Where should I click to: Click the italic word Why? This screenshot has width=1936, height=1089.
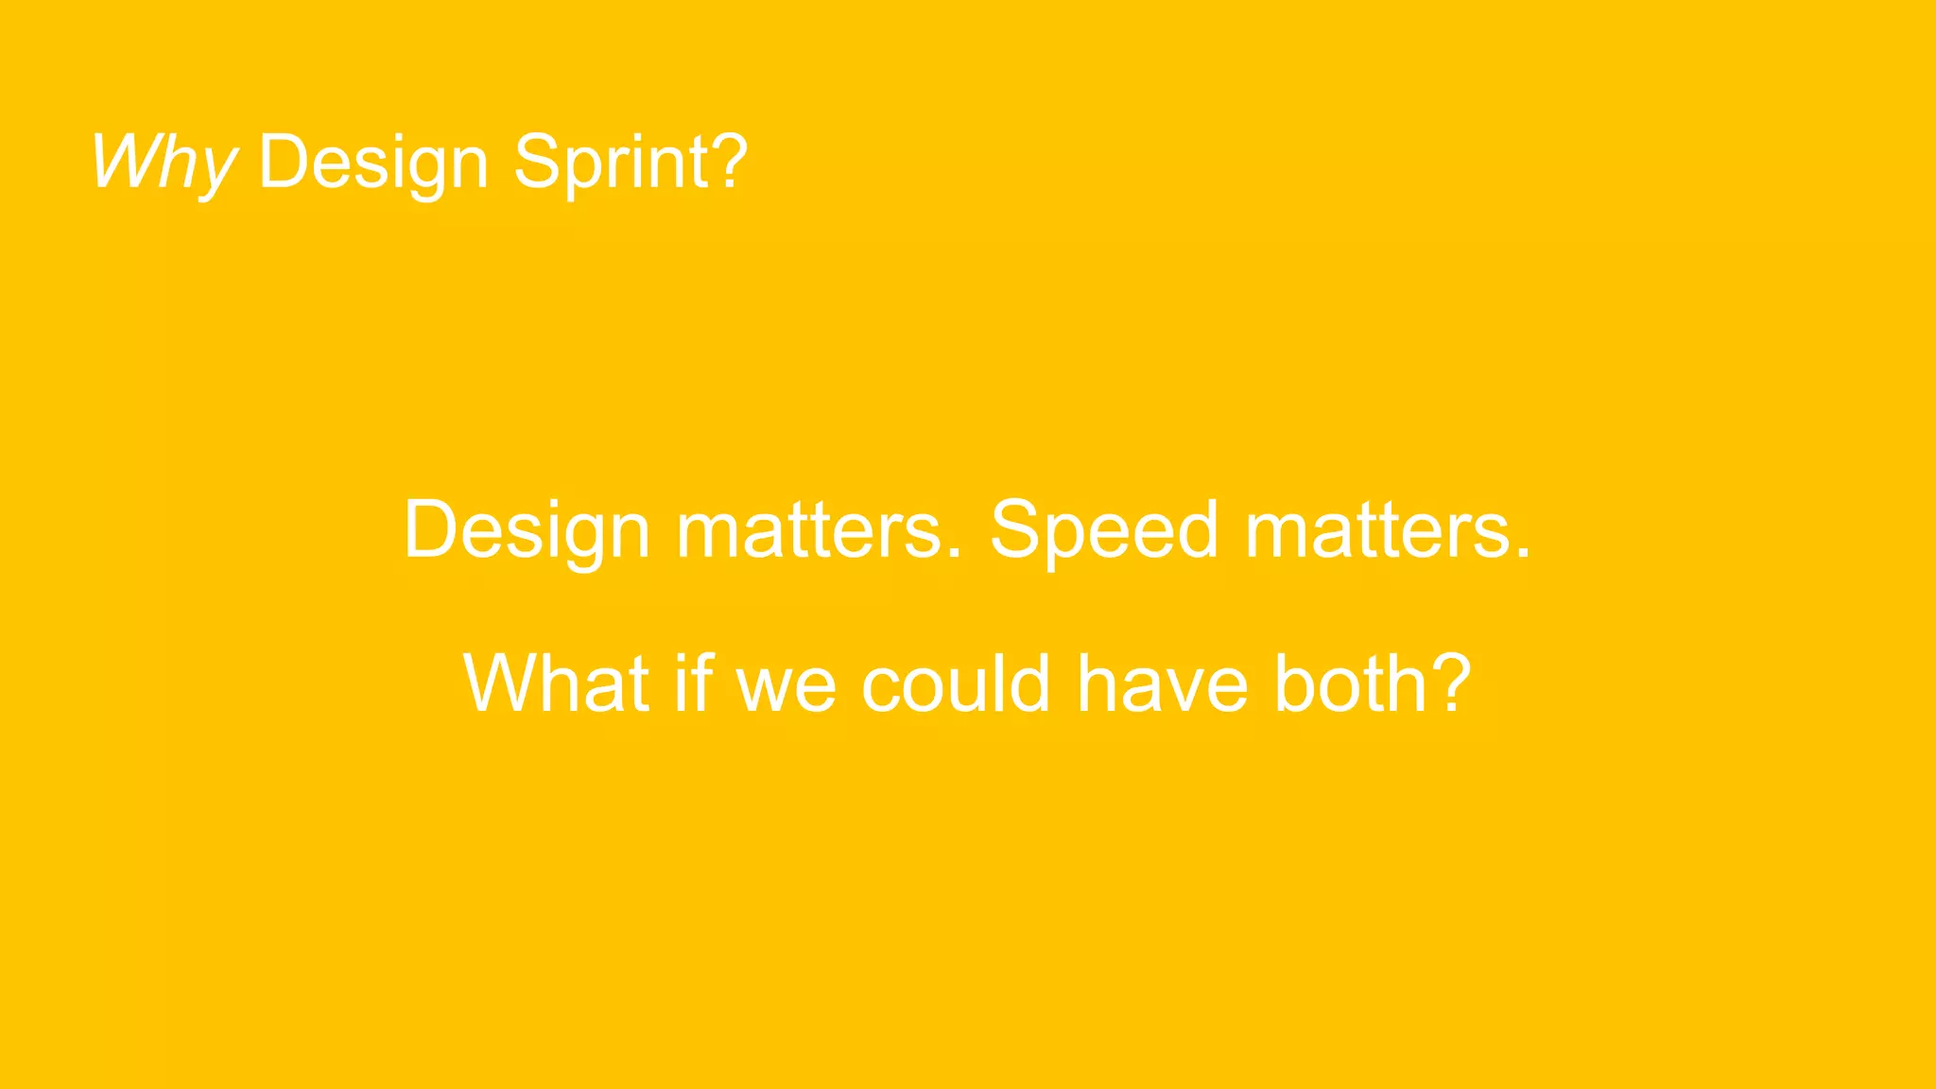(164, 163)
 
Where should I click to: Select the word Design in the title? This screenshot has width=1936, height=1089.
(373, 163)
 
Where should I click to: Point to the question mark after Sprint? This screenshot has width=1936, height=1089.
(729, 161)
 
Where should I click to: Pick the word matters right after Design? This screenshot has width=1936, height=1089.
(809, 531)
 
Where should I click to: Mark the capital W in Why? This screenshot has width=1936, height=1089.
(124, 163)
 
